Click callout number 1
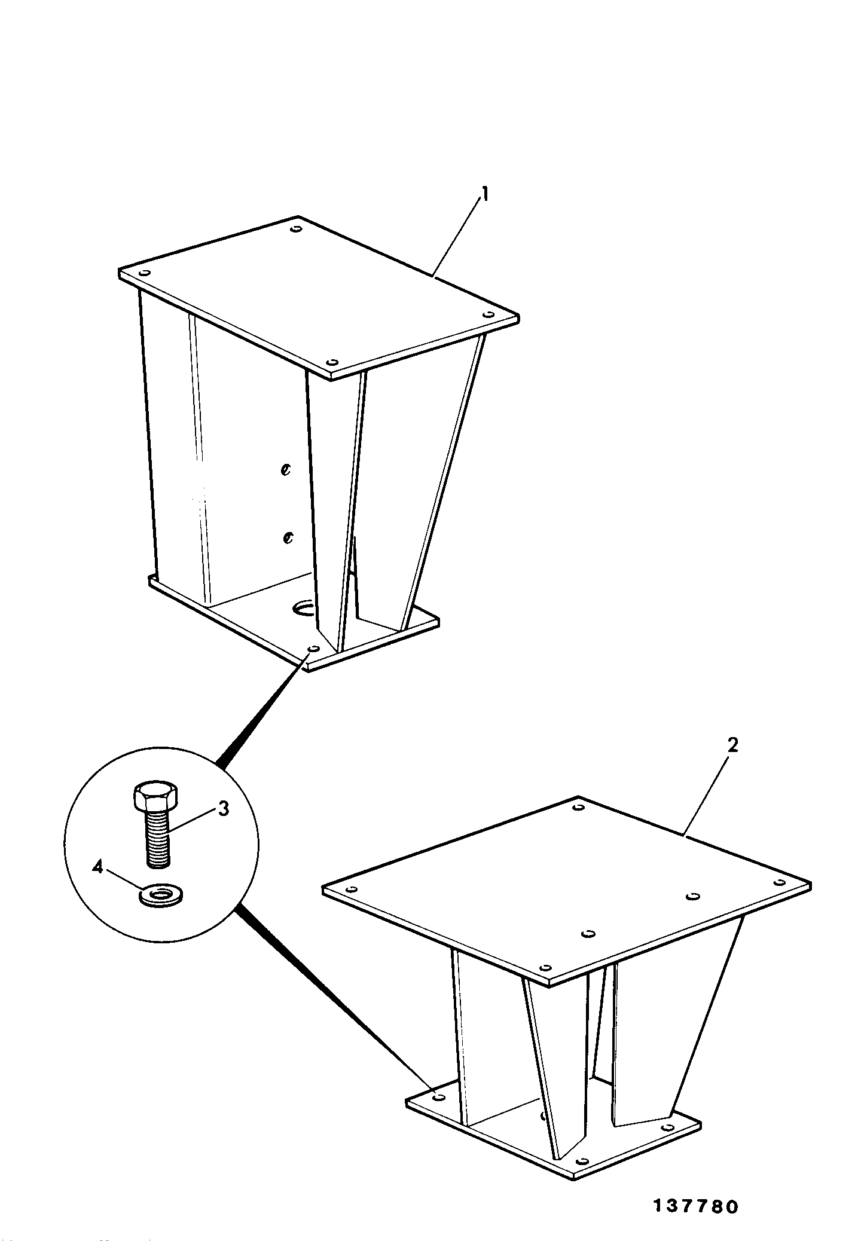(486, 195)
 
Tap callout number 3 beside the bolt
(222, 809)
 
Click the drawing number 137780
(695, 1206)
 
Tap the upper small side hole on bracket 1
(286, 470)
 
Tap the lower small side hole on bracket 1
(288, 538)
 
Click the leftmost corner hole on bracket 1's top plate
(143, 273)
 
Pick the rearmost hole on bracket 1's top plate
(295, 229)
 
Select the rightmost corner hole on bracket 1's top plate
(488, 314)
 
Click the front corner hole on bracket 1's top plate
(333, 362)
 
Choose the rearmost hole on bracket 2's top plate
(578, 808)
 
